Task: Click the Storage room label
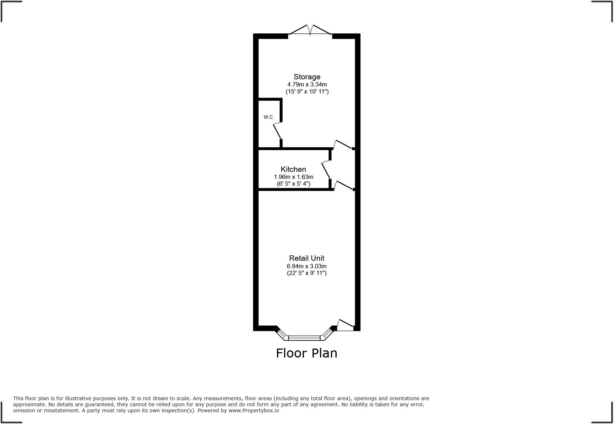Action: tap(307, 77)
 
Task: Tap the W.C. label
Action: tap(269, 117)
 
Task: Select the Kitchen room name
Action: tap(293, 169)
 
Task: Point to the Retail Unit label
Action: tap(306, 258)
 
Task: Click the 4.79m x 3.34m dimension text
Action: tap(307, 85)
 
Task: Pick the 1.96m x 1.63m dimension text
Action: tap(293, 177)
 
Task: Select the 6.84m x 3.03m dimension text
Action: tap(306, 266)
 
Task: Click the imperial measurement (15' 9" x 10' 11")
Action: tap(307, 91)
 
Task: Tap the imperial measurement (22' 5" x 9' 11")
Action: tap(306, 273)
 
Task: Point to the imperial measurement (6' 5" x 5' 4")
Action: tap(293, 184)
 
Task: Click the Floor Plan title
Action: tap(306, 353)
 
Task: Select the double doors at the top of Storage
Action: tap(310, 30)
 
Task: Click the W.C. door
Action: tap(277, 131)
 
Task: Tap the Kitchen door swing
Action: tap(326, 170)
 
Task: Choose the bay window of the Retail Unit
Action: tap(304, 337)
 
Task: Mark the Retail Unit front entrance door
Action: tap(345, 325)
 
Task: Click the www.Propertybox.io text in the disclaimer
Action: tap(254, 410)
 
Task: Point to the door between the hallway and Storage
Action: tap(343, 144)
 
